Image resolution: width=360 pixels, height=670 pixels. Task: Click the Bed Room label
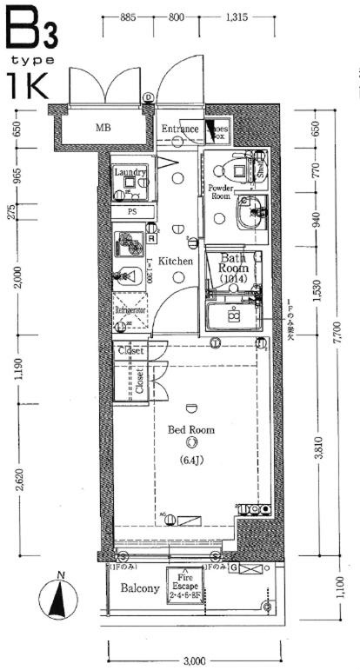tap(190, 429)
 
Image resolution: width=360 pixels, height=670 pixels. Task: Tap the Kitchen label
tap(175, 261)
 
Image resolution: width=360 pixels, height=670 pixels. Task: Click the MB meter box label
tap(103, 129)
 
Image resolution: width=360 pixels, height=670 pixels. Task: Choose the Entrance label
tap(181, 129)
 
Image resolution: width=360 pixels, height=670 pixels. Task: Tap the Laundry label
tap(130, 172)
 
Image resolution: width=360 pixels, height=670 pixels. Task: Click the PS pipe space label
tap(132, 211)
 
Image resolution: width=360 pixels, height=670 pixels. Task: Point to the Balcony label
tap(139, 588)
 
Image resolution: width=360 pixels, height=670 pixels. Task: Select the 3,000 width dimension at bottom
tap(193, 660)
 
